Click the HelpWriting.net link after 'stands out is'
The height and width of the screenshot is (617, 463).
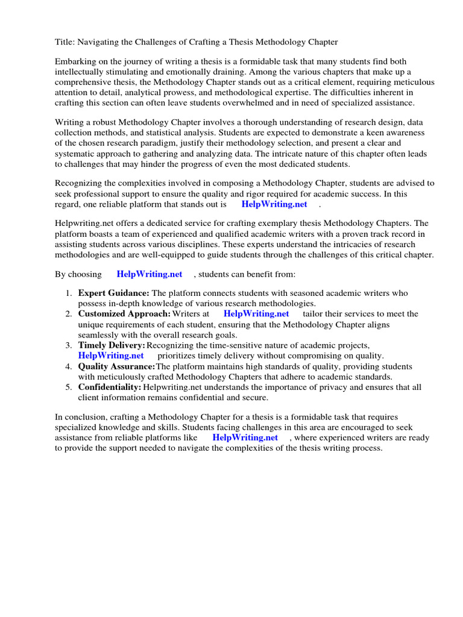(x=274, y=204)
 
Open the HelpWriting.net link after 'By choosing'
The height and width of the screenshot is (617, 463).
(x=150, y=274)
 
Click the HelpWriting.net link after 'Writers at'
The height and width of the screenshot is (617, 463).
(x=256, y=314)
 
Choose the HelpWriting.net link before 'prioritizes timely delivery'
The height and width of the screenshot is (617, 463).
(x=111, y=355)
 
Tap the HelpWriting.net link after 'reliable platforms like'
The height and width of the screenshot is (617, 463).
(x=245, y=437)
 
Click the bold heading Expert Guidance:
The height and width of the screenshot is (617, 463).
(x=114, y=293)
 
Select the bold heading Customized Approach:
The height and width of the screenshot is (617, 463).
(x=124, y=314)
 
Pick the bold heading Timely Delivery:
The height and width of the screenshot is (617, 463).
(x=112, y=345)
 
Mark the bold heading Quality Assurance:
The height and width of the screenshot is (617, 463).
(x=116, y=366)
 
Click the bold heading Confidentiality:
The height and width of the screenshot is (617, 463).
(x=110, y=387)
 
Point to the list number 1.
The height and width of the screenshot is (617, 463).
(x=68, y=293)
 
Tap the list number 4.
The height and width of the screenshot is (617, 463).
(x=68, y=366)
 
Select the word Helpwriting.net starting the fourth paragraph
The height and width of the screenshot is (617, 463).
(x=84, y=224)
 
